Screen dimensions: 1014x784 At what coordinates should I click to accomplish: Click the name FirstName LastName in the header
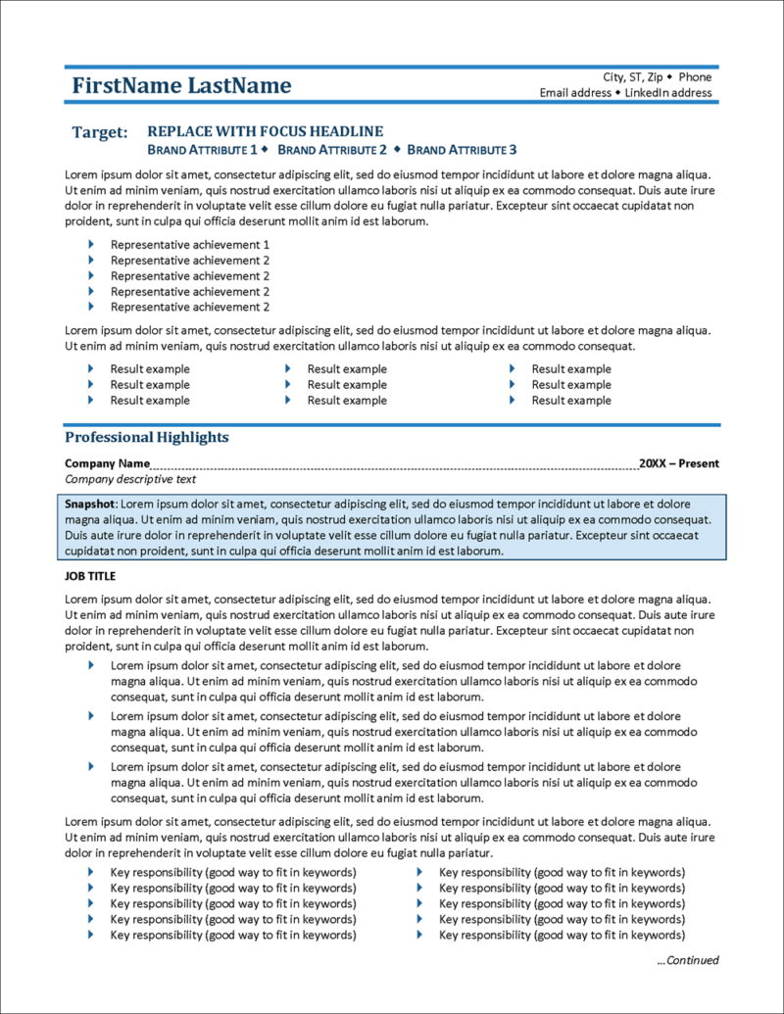[181, 86]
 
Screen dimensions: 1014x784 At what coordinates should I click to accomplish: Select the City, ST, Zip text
[632, 77]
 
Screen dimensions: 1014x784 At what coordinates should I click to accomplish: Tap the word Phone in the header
[695, 77]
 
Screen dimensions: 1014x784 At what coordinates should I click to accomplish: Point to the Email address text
[575, 93]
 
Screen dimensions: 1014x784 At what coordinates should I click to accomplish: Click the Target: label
[99, 132]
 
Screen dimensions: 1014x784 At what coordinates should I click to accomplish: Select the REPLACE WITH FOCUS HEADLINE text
[265, 131]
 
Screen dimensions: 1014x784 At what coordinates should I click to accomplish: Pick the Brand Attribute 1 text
[201, 150]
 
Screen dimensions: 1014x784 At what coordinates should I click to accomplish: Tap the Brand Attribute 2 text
[332, 150]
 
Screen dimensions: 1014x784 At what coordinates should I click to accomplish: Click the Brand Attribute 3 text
[461, 150]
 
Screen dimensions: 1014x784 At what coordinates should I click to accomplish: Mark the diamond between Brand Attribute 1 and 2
[265, 150]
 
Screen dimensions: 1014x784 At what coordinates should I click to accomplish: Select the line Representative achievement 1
[189, 245]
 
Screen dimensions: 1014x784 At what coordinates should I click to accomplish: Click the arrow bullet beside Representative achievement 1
[91, 244]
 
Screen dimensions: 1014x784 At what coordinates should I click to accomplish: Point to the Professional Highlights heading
[147, 438]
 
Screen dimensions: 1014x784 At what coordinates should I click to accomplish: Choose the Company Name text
[107, 463]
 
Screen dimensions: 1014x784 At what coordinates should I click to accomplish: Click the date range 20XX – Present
[678, 463]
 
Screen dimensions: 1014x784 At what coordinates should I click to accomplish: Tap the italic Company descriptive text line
[130, 479]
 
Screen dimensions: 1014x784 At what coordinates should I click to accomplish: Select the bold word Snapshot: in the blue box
[90, 504]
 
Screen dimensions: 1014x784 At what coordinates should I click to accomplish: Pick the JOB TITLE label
[90, 576]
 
